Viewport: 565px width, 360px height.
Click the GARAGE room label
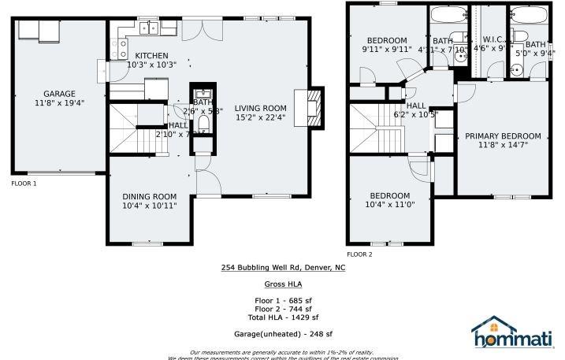60,94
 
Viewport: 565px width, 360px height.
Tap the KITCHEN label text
151,55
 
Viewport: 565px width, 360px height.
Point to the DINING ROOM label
149,196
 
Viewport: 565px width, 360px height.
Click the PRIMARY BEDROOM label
502,135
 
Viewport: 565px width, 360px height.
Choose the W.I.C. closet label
493,39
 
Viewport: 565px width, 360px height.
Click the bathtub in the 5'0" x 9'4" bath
523,16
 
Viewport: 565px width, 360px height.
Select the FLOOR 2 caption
359,254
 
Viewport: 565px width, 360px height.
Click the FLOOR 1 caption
24,184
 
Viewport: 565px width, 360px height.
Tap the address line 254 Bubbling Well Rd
282,268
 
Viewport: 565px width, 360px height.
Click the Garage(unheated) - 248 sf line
282,334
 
